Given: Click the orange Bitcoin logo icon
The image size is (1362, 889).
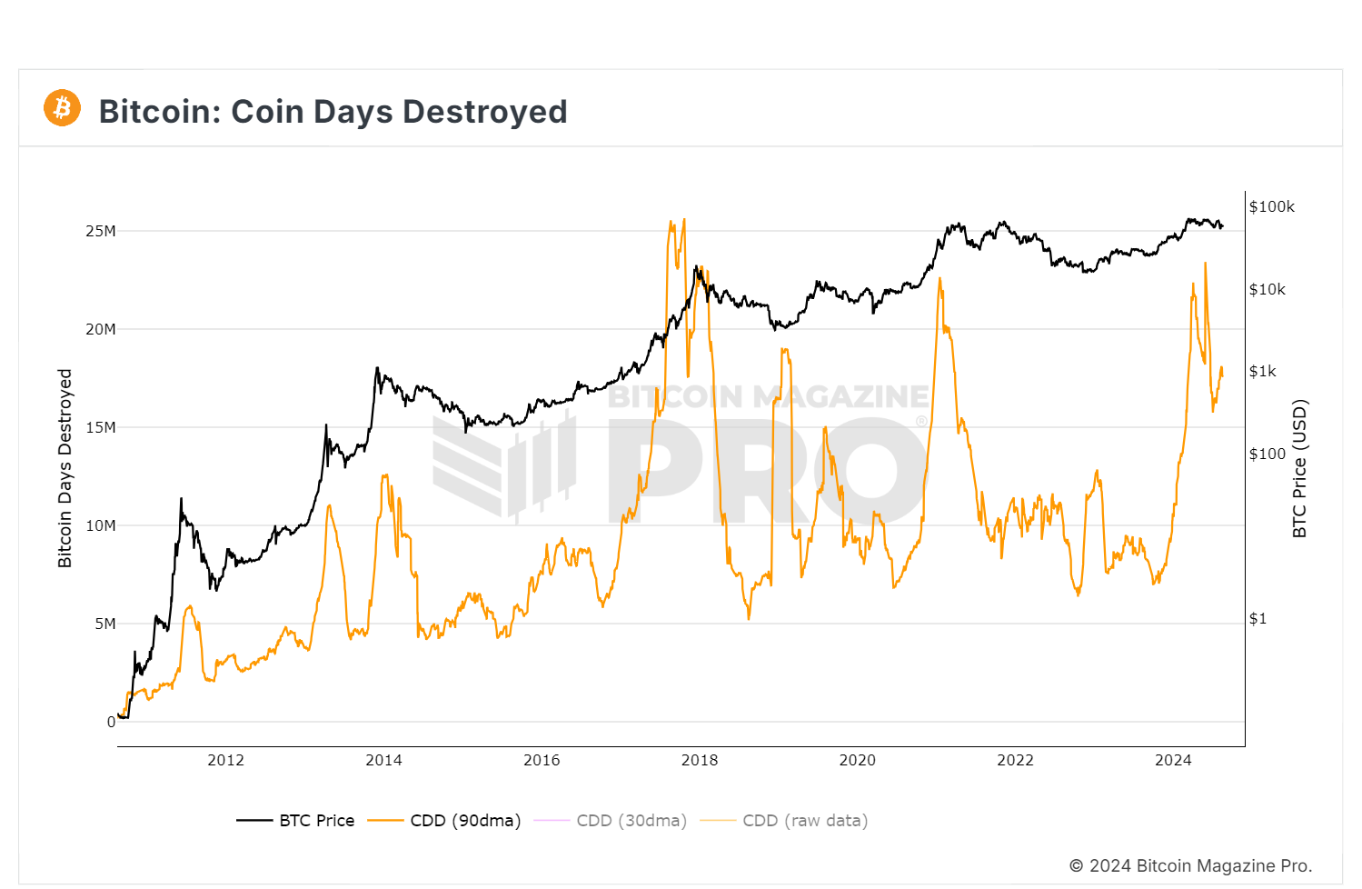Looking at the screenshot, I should tap(62, 108).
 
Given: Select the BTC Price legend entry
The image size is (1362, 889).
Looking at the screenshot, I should tap(296, 821).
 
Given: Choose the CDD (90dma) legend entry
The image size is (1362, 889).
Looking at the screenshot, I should tap(445, 821).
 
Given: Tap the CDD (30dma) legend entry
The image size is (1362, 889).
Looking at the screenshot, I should tap(611, 821).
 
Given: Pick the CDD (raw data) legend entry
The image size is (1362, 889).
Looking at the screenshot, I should tap(784, 821).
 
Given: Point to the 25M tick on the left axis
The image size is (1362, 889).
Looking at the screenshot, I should tap(101, 231).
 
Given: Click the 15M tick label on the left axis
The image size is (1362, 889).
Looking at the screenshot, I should tap(101, 427).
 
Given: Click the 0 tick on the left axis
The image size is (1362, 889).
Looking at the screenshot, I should tap(111, 722).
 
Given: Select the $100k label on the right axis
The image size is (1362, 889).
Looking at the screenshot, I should tap(1271, 206).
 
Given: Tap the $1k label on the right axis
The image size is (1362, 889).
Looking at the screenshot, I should tap(1262, 371).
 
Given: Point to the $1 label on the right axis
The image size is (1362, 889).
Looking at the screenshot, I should tap(1258, 618).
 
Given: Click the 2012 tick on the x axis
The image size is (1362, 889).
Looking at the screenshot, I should tap(225, 760).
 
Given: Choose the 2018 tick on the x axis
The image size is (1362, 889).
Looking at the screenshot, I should tap(700, 760).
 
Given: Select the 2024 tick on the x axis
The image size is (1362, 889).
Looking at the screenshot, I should tap(1173, 760).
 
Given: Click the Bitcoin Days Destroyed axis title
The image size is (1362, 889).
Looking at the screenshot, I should tap(65, 468).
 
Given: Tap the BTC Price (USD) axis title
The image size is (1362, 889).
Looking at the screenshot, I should tap(1299, 468).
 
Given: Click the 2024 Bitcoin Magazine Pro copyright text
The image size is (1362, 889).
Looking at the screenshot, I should tap(1190, 865).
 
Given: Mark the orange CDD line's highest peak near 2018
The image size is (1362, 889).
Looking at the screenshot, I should tap(683, 220).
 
